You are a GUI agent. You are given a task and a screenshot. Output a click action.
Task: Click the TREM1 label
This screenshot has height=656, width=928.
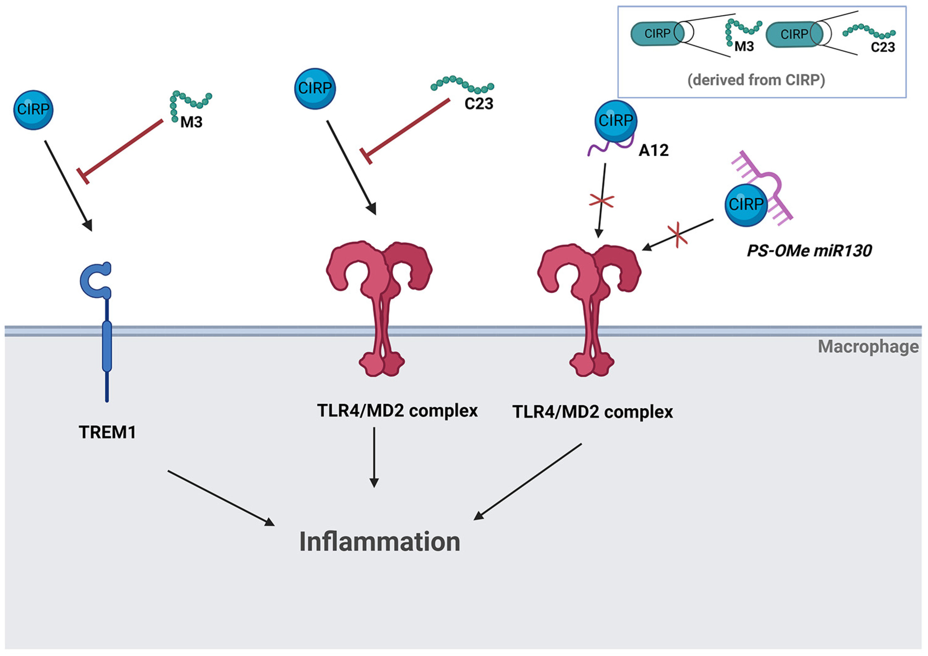[x=107, y=432]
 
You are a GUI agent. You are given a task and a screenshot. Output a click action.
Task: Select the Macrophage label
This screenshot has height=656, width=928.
[x=868, y=347]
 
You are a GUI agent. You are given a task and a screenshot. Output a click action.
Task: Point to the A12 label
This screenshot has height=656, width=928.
[x=654, y=150]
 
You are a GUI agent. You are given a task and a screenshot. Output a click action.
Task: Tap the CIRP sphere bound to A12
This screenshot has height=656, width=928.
[x=616, y=121]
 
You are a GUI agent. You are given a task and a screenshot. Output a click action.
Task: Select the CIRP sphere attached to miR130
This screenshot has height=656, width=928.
[x=746, y=205]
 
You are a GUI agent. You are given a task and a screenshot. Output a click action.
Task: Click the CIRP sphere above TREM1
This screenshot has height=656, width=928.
[x=33, y=110]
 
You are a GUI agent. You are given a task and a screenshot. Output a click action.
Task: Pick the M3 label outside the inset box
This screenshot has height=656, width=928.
[x=191, y=122]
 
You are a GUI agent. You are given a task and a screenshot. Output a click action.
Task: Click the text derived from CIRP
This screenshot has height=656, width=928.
[x=756, y=80]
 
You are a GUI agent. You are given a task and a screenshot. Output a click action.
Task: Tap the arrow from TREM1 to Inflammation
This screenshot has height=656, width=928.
[x=220, y=498]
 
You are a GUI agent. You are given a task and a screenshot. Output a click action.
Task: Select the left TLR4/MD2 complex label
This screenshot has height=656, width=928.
[x=397, y=411]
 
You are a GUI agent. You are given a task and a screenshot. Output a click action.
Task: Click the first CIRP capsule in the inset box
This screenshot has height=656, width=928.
[x=657, y=33]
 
